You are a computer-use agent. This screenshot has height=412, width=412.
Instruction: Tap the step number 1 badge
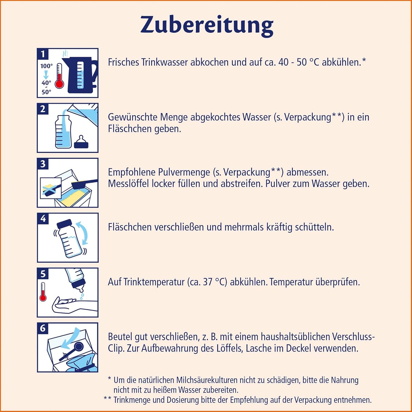[x=43, y=54]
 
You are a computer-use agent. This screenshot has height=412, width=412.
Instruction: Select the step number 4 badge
[x=43, y=218]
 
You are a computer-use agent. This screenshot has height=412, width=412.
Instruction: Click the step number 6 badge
[x=43, y=328]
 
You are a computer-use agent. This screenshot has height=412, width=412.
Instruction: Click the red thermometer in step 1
[x=59, y=77]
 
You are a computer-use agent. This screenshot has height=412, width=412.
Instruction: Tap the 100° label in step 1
[x=46, y=66]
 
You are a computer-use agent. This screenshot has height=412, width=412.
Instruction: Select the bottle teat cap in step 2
[x=81, y=142]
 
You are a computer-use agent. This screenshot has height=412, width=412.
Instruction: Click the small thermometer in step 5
[x=43, y=292]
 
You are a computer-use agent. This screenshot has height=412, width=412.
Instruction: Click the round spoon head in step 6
[x=79, y=347]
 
